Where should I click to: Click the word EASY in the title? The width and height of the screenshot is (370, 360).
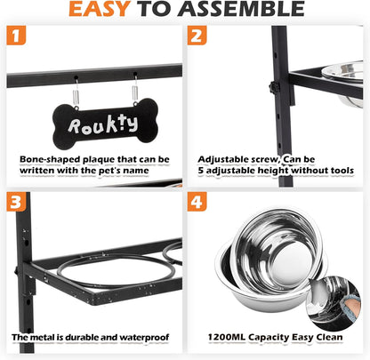100,9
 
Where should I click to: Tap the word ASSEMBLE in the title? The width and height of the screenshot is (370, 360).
241,9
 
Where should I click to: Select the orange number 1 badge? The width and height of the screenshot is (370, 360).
16,36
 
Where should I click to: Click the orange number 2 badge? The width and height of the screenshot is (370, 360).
197,36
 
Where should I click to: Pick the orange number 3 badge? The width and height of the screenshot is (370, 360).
16,202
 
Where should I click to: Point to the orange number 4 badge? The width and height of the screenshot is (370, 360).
197,202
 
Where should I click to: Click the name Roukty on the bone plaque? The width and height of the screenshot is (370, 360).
103,124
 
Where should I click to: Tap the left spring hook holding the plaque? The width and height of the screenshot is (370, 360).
76,92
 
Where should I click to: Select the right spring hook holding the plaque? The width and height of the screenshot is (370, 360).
135,89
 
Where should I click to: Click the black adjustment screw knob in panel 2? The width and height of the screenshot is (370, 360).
273,87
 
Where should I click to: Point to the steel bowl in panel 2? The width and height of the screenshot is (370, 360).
342,84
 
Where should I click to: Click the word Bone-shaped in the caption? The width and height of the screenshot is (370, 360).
50,160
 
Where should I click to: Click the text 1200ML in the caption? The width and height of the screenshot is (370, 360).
227,337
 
